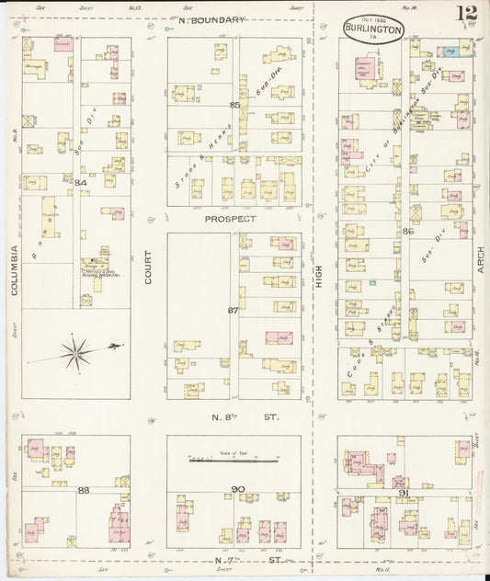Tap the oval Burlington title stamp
372,29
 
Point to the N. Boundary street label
212,19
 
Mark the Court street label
147,266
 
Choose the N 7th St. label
231,560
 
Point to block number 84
81,182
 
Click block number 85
234,105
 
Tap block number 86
407,232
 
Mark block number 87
234,310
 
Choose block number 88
83,489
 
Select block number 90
237,488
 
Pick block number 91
403,495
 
